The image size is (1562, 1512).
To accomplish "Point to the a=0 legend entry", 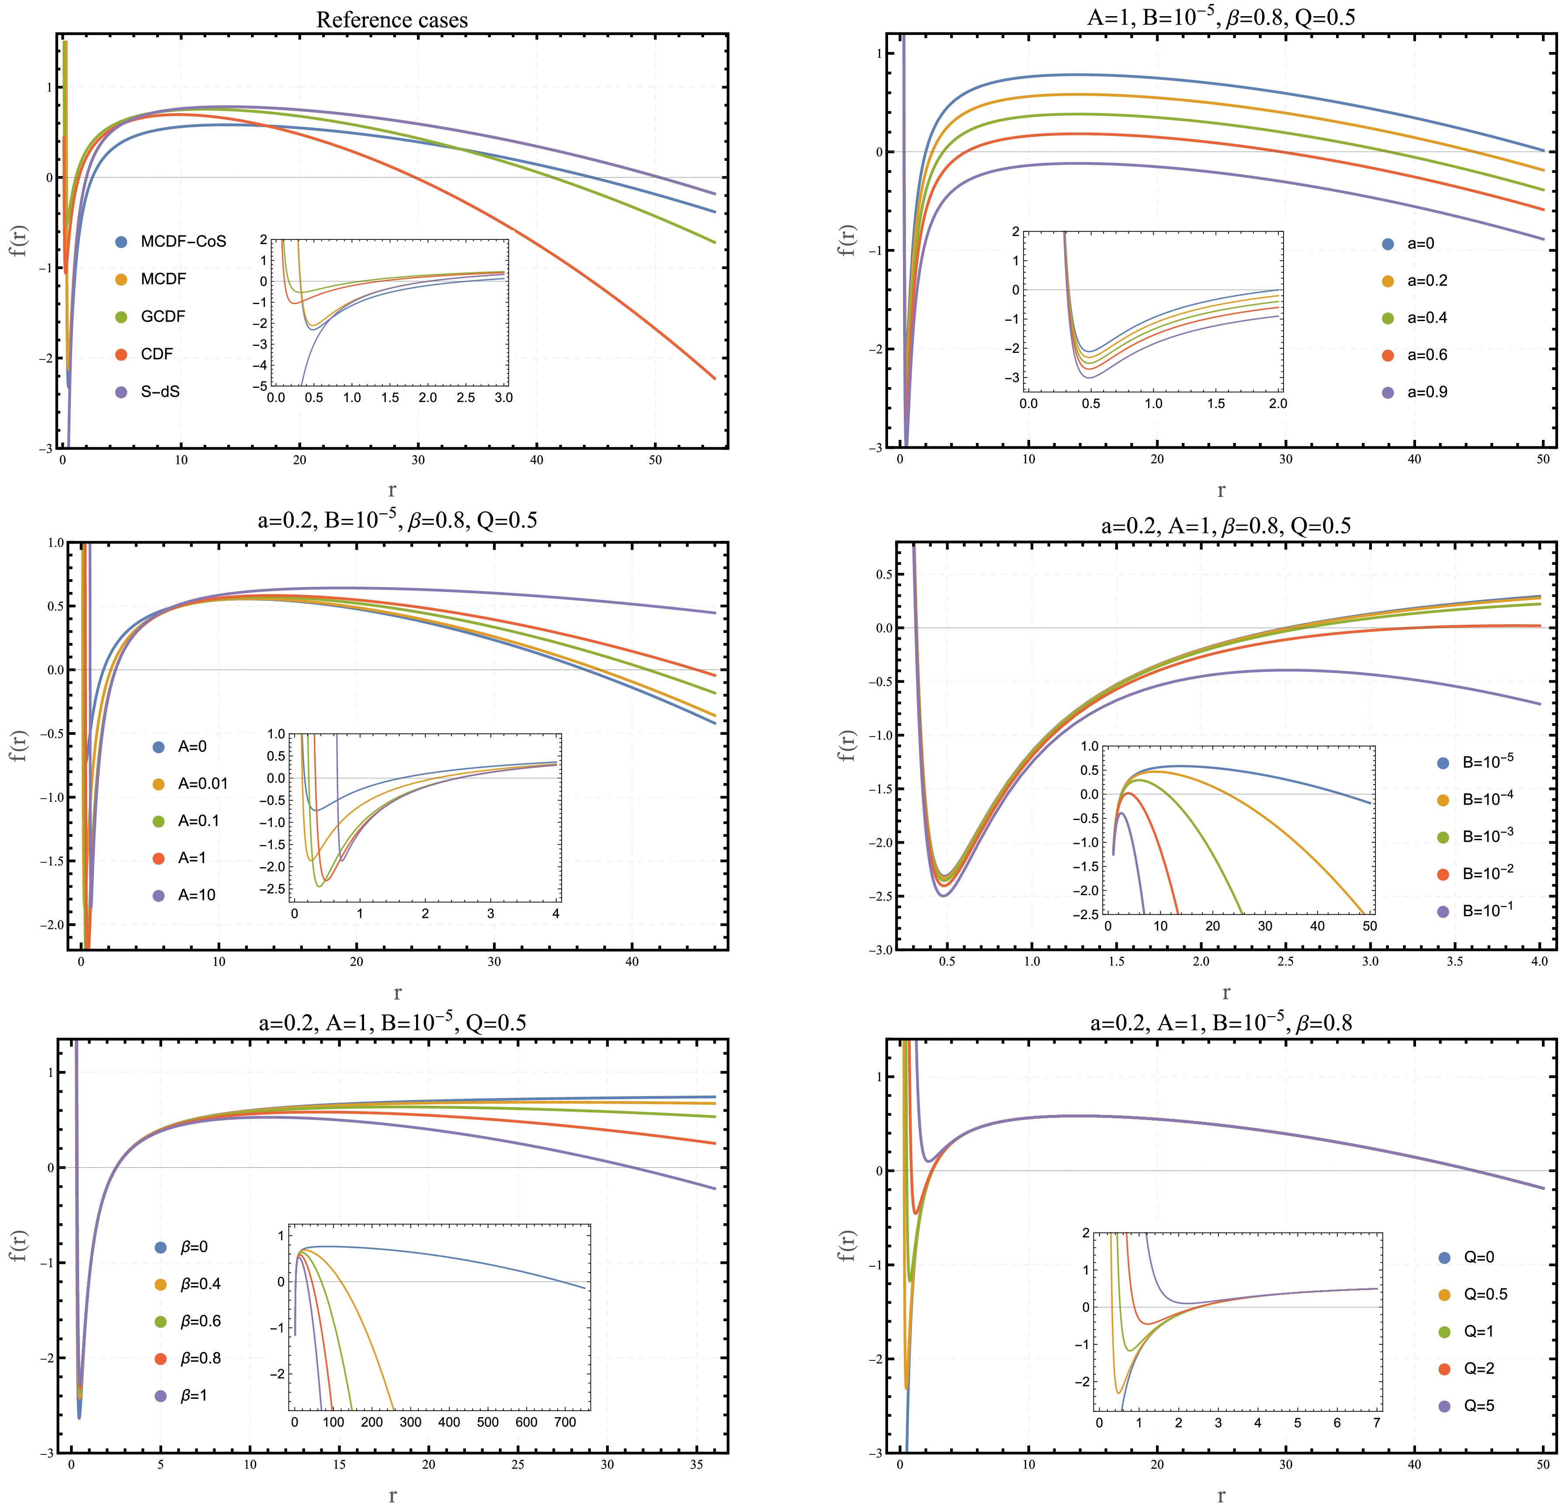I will click(x=1420, y=244).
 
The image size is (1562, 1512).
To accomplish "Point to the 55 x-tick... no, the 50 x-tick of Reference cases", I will click(x=655, y=460).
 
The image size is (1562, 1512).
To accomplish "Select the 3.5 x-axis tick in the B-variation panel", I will click(x=1454, y=962).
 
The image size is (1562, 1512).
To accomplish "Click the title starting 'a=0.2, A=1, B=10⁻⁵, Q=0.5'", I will click(x=392, y=1023).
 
